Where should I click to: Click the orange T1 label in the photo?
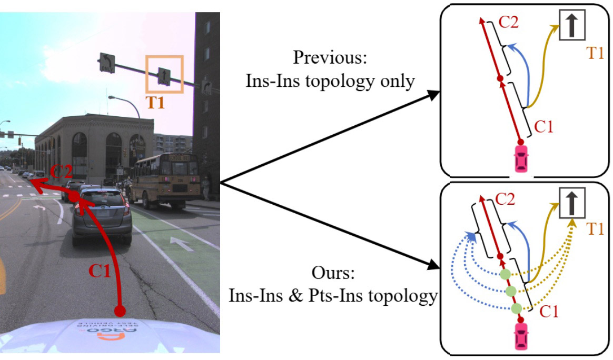point(155,102)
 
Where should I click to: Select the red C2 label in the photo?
point(61,171)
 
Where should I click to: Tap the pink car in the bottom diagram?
point(521,336)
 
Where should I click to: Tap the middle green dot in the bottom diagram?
point(510,291)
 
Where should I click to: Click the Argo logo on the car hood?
point(110,331)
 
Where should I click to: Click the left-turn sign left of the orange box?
point(107,63)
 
